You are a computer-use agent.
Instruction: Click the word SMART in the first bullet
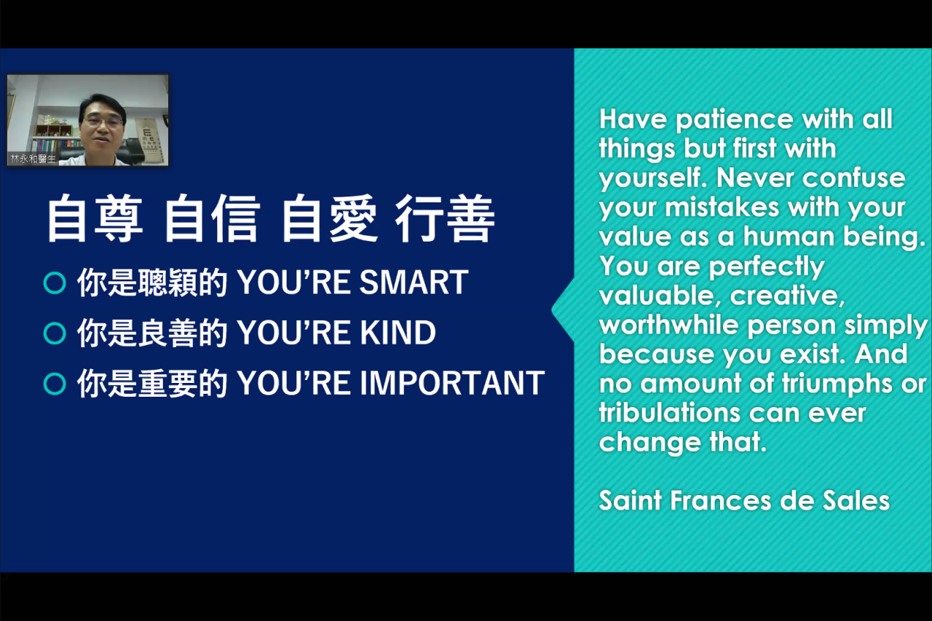click(414, 282)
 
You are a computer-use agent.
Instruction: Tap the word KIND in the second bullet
click(398, 333)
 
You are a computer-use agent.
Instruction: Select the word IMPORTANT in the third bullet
click(452, 383)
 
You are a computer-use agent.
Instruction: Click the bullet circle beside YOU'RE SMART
click(55, 283)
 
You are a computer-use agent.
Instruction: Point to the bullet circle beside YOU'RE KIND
click(55, 333)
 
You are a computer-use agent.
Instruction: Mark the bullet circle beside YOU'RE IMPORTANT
click(55, 384)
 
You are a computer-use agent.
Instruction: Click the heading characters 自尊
click(95, 219)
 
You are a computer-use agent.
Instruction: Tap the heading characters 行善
click(445, 219)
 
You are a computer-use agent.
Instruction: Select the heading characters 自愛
click(330, 219)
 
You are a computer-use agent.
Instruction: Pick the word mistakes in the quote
click(722, 207)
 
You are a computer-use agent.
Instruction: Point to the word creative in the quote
click(787, 296)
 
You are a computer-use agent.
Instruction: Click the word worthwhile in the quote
click(669, 325)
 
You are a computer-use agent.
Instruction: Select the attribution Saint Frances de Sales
click(744, 500)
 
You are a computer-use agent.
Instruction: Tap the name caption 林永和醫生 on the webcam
click(33, 159)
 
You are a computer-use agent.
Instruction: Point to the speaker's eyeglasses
click(103, 122)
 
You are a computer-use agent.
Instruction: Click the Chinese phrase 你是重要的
click(152, 384)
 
